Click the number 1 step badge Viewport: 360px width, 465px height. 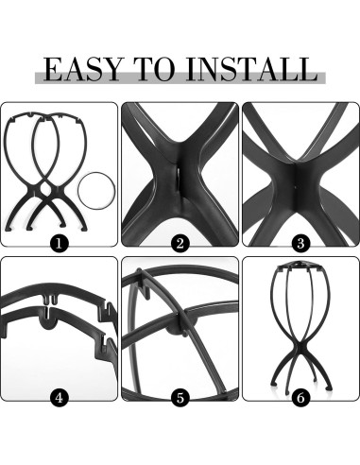point(59,242)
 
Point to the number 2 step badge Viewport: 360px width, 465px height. point(180,242)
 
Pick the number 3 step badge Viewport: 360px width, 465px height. point(300,242)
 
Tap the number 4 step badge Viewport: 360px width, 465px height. point(59,397)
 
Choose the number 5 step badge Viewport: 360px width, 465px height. point(180,397)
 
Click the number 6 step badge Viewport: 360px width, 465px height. point(300,397)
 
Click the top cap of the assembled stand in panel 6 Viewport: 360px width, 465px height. point(300,271)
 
